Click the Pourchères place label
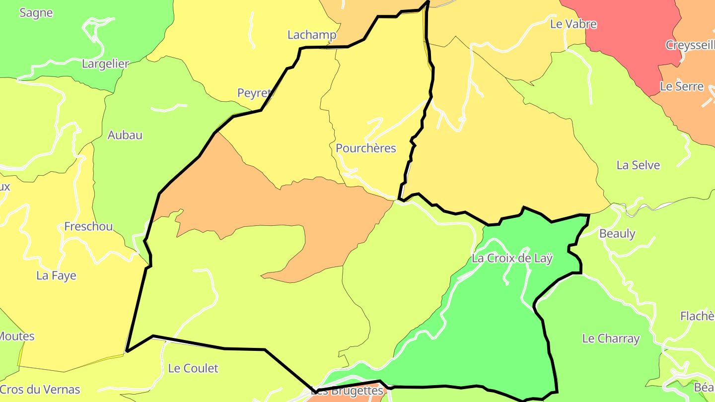pos(366,148)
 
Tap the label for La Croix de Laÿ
pos(512,259)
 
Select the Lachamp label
pos(312,35)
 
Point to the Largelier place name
pos(105,64)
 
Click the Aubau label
pos(125,135)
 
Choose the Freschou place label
pos(88,227)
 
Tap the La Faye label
pos(56,275)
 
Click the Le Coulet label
pos(193,368)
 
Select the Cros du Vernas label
pos(40,390)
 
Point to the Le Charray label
pos(611,339)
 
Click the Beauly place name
pos(617,233)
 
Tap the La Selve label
pos(638,165)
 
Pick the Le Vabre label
pos(573,24)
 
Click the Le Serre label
pos(682,86)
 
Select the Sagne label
pos(36,13)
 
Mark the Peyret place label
pos(254,93)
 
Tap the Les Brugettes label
pos(347,391)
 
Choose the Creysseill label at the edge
pos(690,45)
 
